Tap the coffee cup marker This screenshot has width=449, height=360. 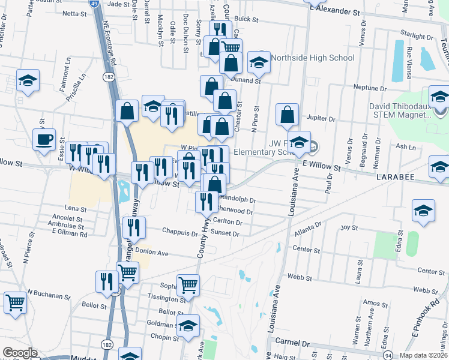(x=45, y=141)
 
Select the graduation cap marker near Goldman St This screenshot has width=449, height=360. (x=188, y=325)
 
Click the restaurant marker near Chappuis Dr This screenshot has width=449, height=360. (x=134, y=227)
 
